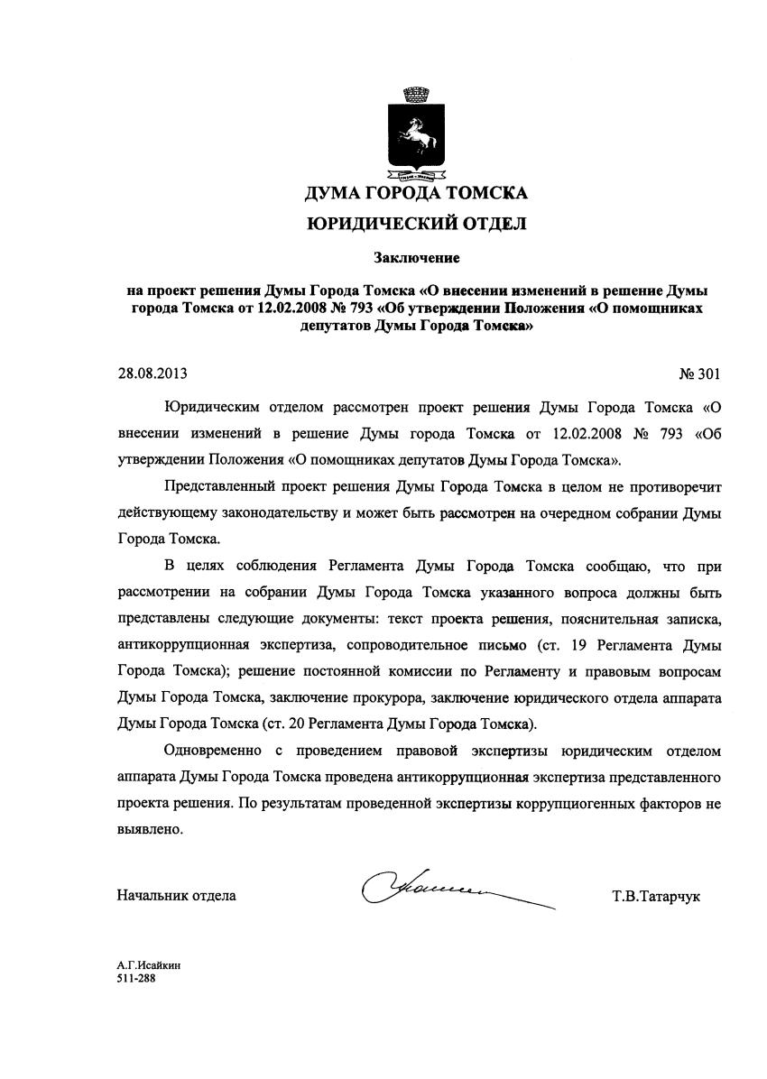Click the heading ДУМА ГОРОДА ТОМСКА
416,192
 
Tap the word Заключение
417,259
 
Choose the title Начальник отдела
177,896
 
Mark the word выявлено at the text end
151,829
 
